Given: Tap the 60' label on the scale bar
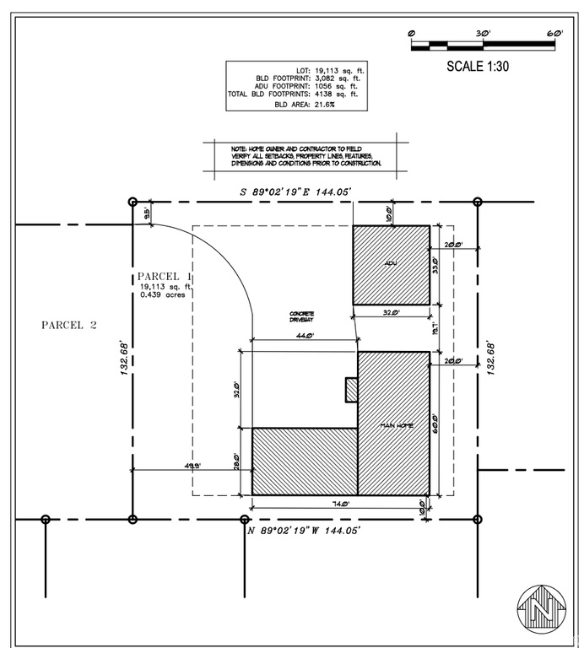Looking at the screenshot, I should (x=554, y=33).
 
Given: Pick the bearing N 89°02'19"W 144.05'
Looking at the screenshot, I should (x=305, y=530).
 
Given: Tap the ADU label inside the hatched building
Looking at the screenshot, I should (x=390, y=263).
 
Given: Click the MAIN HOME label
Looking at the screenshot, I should (x=397, y=425).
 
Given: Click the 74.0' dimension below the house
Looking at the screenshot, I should (x=339, y=504).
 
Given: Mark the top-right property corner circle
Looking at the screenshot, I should (x=478, y=202).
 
